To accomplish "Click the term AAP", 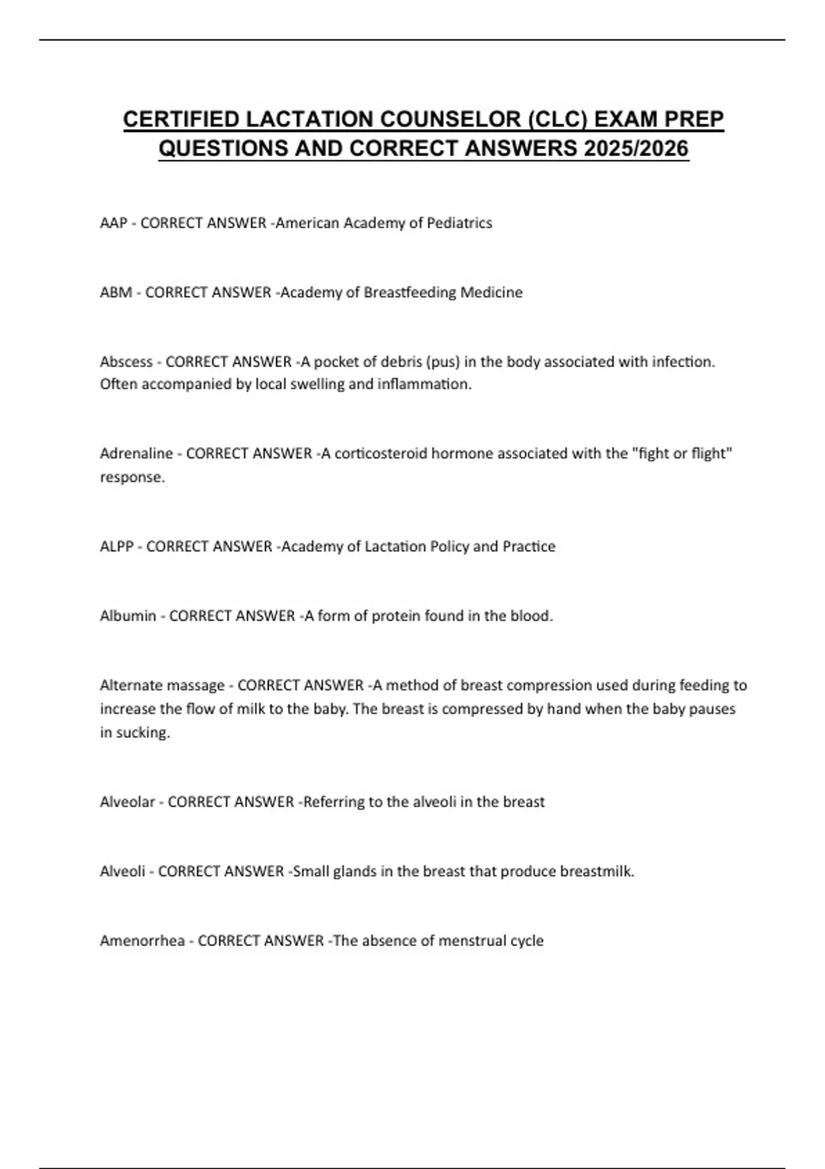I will pyautogui.click(x=113, y=223).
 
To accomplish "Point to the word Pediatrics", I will pyautogui.click(x=459, y=223).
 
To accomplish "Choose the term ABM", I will pyautogui.click(x=115, y=292).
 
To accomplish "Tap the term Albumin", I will pyautogui.click(x=128, y=616).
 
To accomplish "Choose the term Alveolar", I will pyautogui.click(x=127, y=802).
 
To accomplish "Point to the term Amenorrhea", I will pyautogui.click(x=142, y=941).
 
